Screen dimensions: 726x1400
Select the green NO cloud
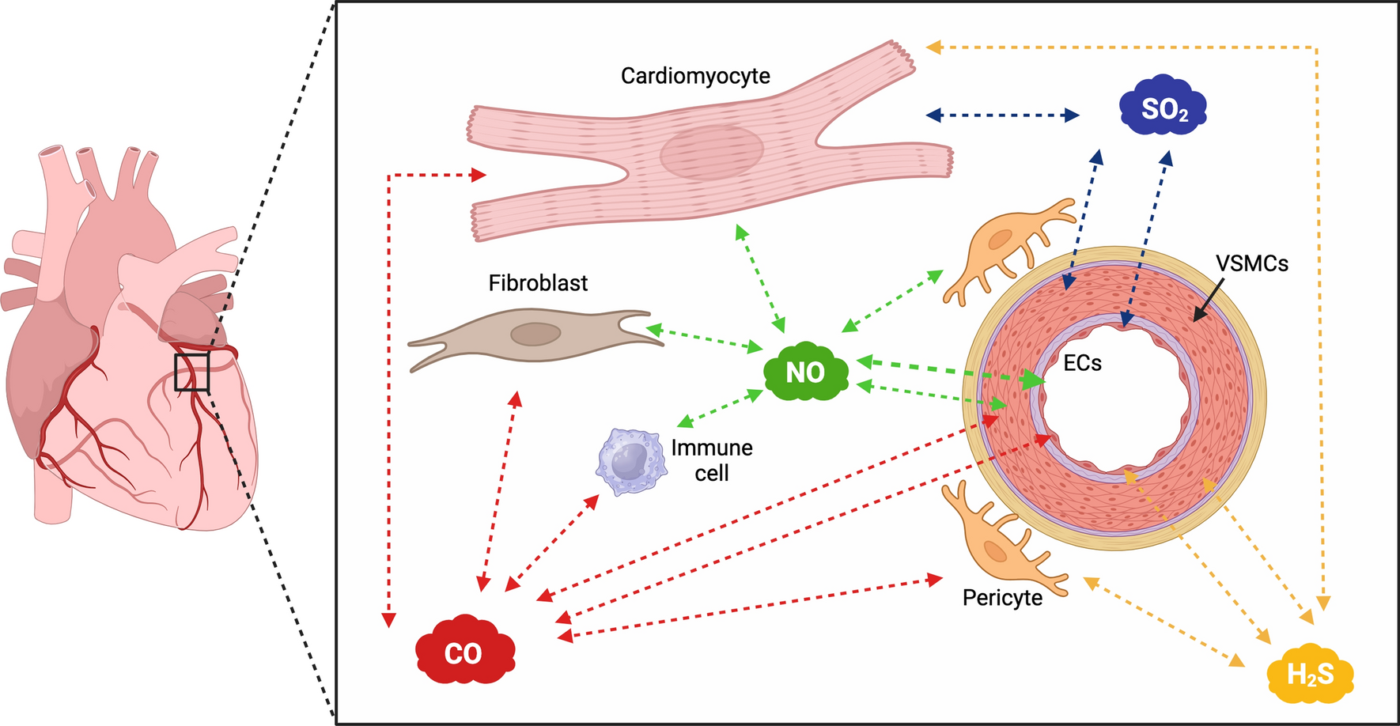click(x=806, y=371)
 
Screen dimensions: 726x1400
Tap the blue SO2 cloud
click(x=1164, y=106)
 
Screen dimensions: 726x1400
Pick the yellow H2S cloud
click(x=1310, y=674)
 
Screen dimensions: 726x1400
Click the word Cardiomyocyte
click(x=695, y=76)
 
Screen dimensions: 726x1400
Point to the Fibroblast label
click(x=538, y=283)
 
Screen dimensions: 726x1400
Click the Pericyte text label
click(x=1002, y=598)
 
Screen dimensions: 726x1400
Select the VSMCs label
click(x=1251, y=263)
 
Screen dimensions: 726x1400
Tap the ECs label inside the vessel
click(x=1082, y=363)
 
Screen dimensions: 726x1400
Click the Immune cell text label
click(x=711, y=460)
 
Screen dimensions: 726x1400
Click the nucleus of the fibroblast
click(x=535, y=335)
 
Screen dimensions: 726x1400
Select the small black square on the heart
click(x=192, y=372)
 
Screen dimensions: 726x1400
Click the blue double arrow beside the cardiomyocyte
click(x=1002, y=115)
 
